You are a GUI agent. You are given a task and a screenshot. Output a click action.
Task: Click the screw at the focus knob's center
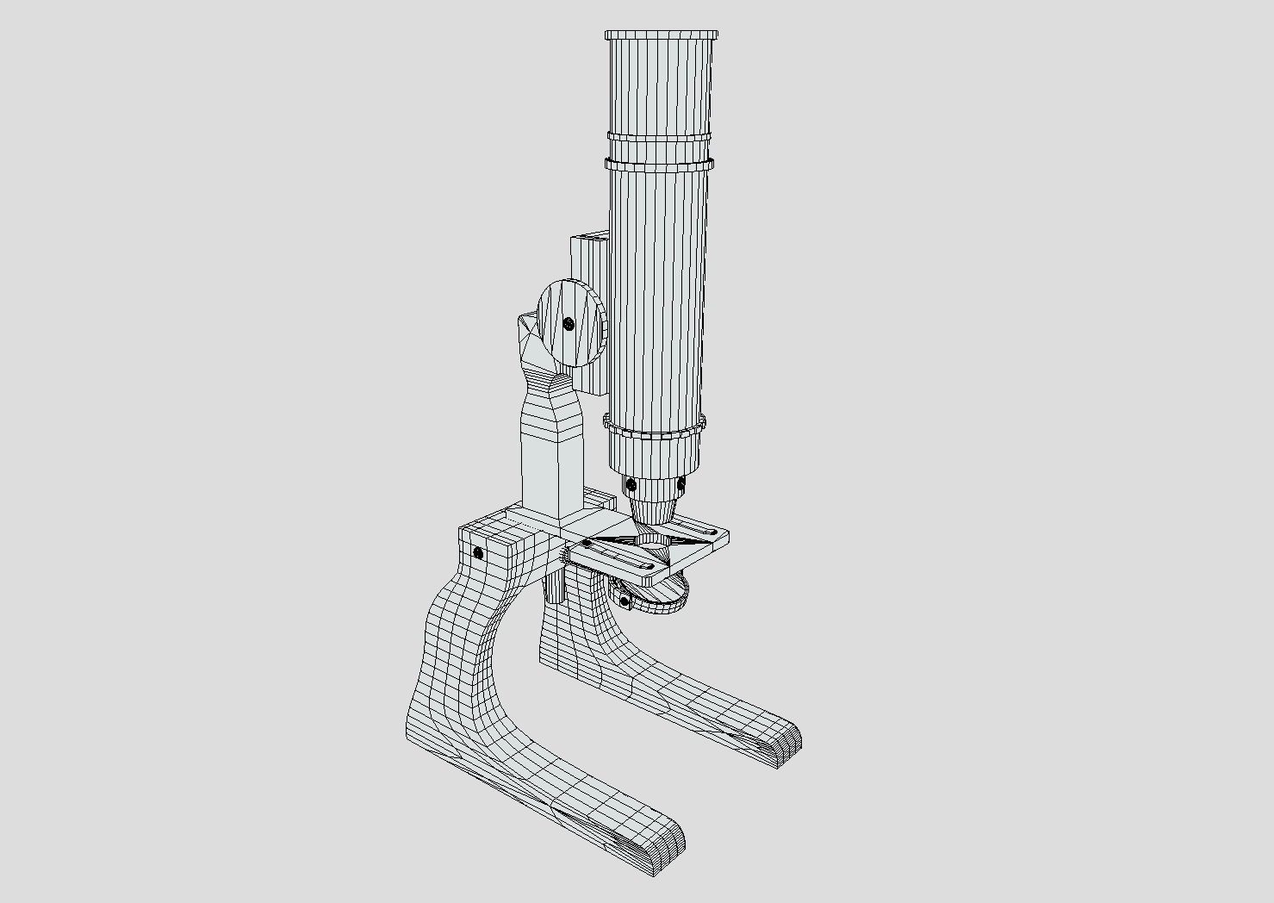(569, 324)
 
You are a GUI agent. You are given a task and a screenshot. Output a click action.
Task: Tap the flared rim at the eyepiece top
(662, 35)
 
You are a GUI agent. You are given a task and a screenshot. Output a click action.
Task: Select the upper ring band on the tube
(659, 137)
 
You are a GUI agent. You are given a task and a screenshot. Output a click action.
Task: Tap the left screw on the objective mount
(631, 483)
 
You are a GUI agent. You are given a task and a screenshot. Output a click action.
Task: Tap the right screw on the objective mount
(681, 485)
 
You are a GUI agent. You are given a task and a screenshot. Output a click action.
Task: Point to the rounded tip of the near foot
(668, 840)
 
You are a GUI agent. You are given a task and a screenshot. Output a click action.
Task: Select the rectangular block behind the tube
(588, 258)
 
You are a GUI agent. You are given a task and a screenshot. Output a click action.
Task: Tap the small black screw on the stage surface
(587, 544)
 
